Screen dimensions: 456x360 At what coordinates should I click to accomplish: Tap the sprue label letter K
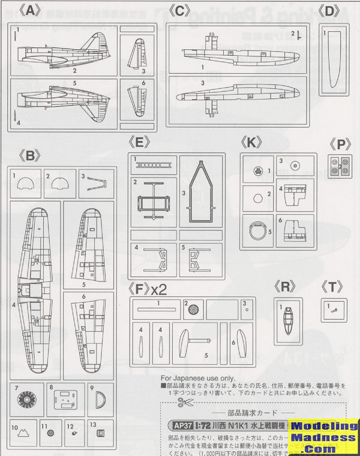coord(252,143)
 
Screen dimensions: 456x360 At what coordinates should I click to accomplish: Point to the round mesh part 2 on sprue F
coord(193,311)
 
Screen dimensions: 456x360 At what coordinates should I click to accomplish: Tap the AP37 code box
coord(171,425)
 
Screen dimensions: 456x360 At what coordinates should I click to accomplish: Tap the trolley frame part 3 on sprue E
coord(200,192)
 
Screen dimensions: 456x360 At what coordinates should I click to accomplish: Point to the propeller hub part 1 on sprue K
coord(257,169)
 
